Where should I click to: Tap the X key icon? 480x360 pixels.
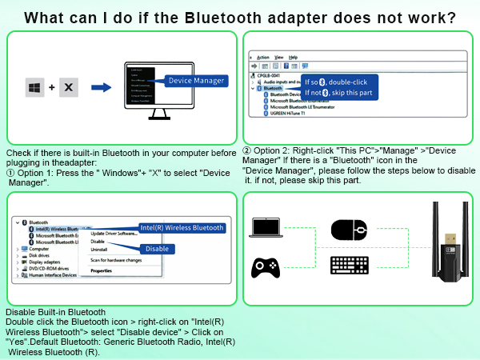pyautogui.click(x=68, y=86)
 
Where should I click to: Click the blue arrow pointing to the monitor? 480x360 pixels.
pyautogui.click(x=101, y=86)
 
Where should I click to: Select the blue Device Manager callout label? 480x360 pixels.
pyautogui.click(x=194, y=80)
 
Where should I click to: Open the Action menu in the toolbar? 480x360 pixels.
pyautogui.click(x=263, y=58)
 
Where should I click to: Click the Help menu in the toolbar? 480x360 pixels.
pyautogui.click(x=294, y=58)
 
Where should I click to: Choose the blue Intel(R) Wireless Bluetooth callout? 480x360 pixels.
pyautogui.click(x=182, y=227)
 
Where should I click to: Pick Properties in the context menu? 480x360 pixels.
pyautogui.click(x=101, y=270)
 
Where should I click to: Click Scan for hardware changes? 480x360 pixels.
pyautogui.click(x=117, y=260)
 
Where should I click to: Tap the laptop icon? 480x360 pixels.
pyautogui.click(x=266, y=230)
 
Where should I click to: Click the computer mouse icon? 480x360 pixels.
pyautogui.click(x=348, y=230)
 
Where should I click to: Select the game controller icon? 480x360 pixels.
pyautogui.click(x=266, y=266)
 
